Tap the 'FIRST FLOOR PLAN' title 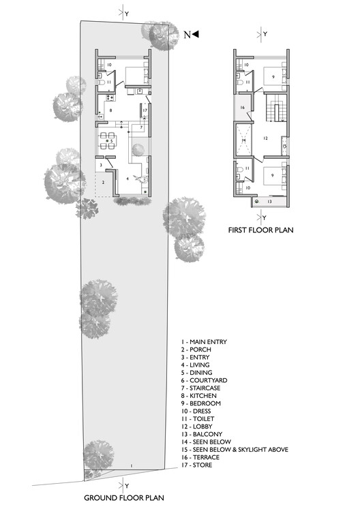click(x=260, y=230)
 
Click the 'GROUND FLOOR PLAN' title click(x=123, y=497)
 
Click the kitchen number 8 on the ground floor click(x=110, y=110)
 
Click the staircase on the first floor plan click(x=276, y=109)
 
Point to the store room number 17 click(x=145, y=110)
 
